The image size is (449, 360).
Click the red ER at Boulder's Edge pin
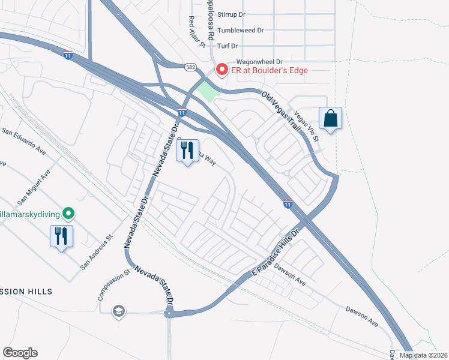pos(221,70)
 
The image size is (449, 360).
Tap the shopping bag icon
pos(331,118)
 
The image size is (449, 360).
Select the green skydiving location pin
pos(69,213)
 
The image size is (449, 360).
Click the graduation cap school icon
pos(119,310)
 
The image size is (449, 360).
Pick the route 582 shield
pos(190,67)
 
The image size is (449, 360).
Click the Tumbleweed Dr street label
pos(241,30)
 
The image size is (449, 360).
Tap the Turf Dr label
pos(228,46)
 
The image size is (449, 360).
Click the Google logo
pos(20,353)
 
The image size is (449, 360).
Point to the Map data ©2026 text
pos(423,355)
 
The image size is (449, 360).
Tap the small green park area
pos(206,92)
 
